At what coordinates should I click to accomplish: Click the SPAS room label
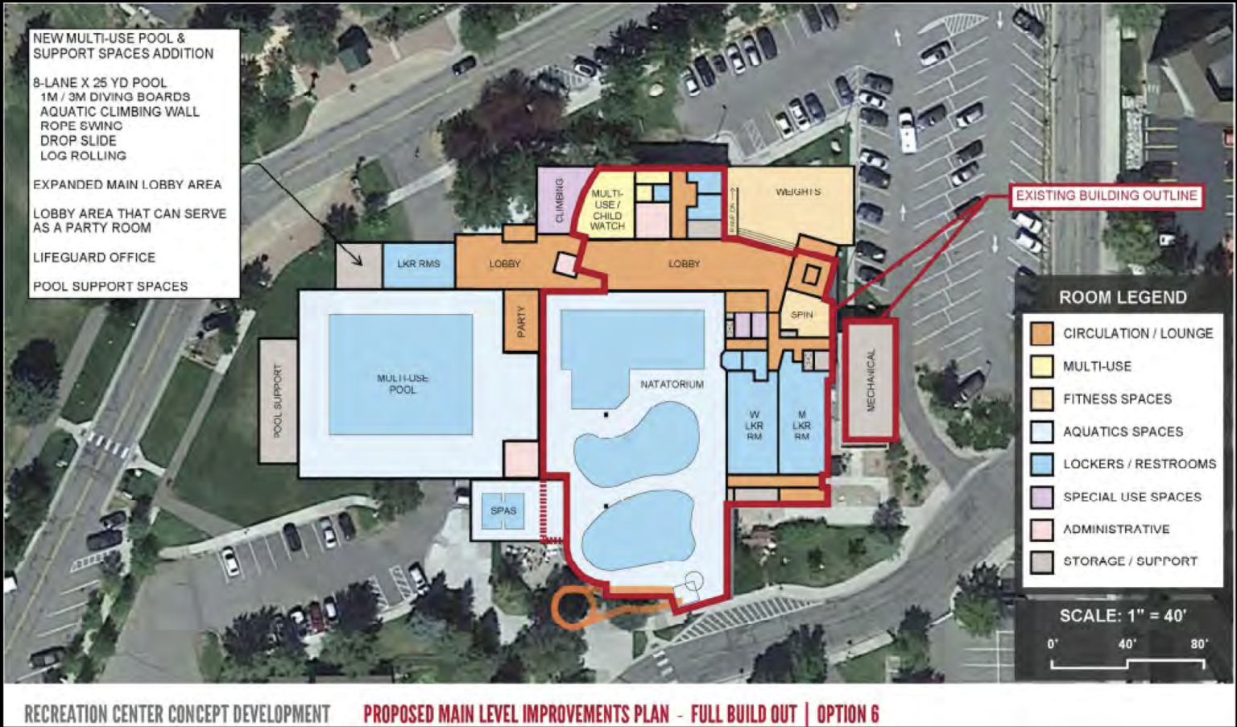[503, 510]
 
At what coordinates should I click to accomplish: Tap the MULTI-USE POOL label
[403, 384]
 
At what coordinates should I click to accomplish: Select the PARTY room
[520, 321]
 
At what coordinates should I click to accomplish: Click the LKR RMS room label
[419, 263]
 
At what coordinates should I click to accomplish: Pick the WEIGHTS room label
[798, 192]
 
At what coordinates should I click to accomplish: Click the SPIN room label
[801, 315]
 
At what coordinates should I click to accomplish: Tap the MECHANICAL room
[870, 381]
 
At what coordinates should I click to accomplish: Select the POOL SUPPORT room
[278, 401]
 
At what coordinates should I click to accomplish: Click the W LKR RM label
[754, 425]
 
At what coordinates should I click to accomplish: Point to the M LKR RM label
[801, 425]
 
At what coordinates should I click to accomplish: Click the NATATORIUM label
[672, 384]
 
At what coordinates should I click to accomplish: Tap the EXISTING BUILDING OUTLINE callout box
[1106, 196]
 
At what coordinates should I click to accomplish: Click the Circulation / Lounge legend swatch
[1042, 333]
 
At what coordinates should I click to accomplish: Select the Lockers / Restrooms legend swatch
[1042, 464]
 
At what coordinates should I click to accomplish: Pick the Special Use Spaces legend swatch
[1042, 497]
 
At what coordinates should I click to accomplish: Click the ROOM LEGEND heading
[1123, 297]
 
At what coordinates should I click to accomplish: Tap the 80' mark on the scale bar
[1199, 644]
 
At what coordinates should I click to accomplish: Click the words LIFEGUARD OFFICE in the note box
[94, 258]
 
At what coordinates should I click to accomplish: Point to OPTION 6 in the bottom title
[847, 714]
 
